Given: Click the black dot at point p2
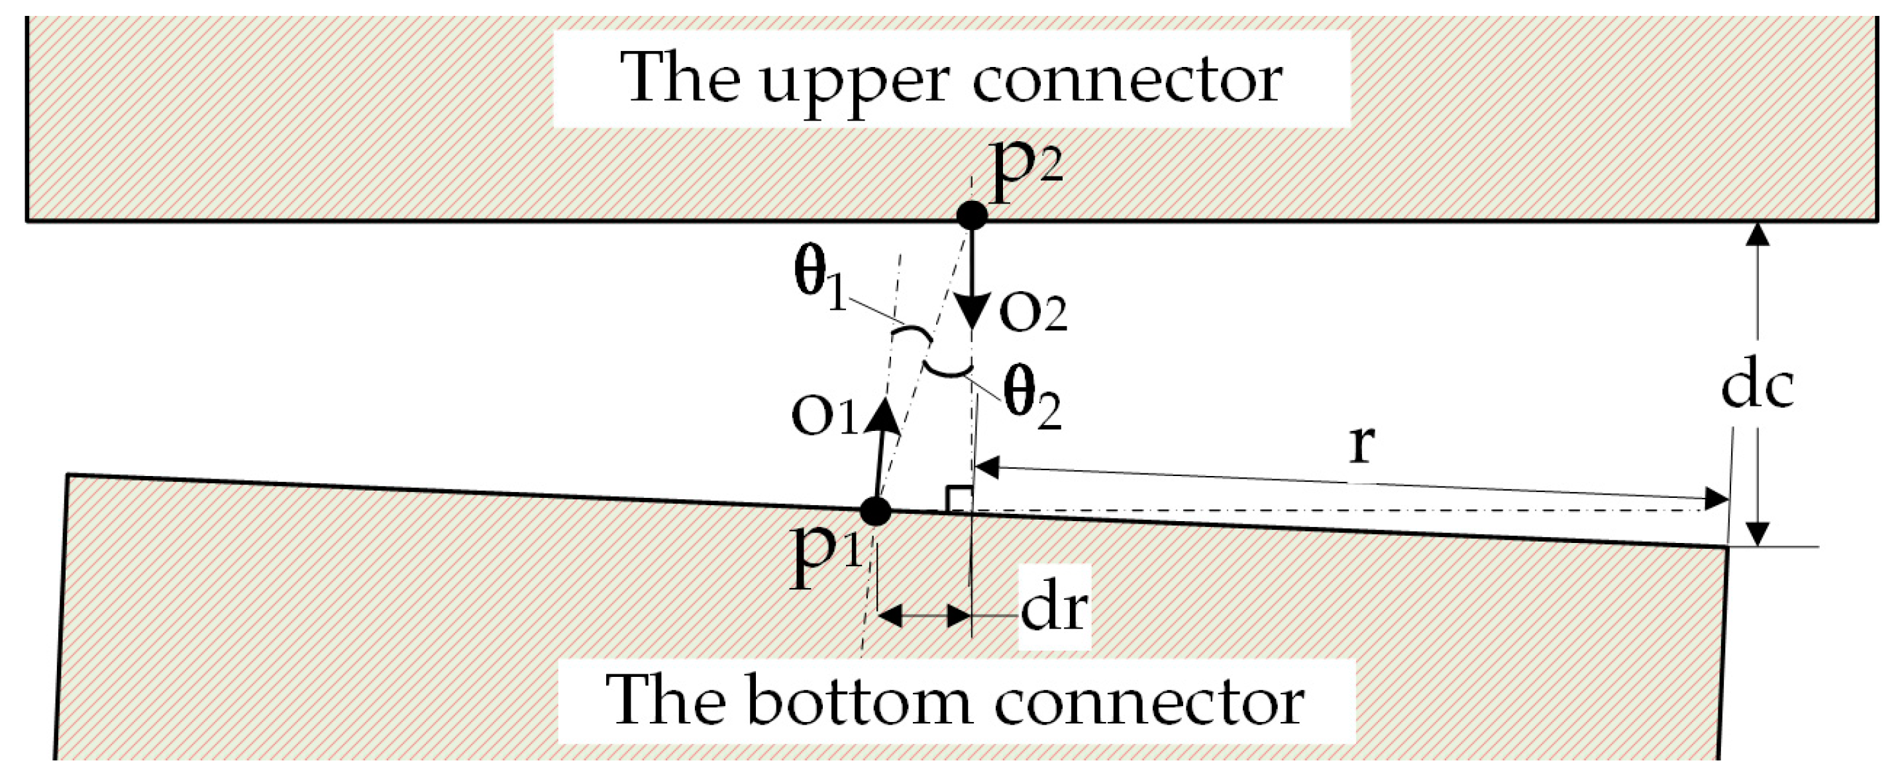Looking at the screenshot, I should click(x=972, y=215).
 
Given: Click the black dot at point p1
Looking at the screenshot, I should click(x=875, y=510).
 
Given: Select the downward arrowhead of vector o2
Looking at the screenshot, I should click(x=973, y=313).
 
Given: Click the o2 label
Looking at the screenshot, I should click(x=1033, y=314).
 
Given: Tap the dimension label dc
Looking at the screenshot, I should click(x=1758, y=386).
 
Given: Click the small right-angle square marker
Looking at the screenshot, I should click(x=959, y=499).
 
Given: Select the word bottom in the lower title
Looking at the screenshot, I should click(x=857, y=701).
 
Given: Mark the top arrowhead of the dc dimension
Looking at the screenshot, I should click(x=1758, y=234).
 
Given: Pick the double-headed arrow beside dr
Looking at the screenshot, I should click(x=923, y=615).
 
